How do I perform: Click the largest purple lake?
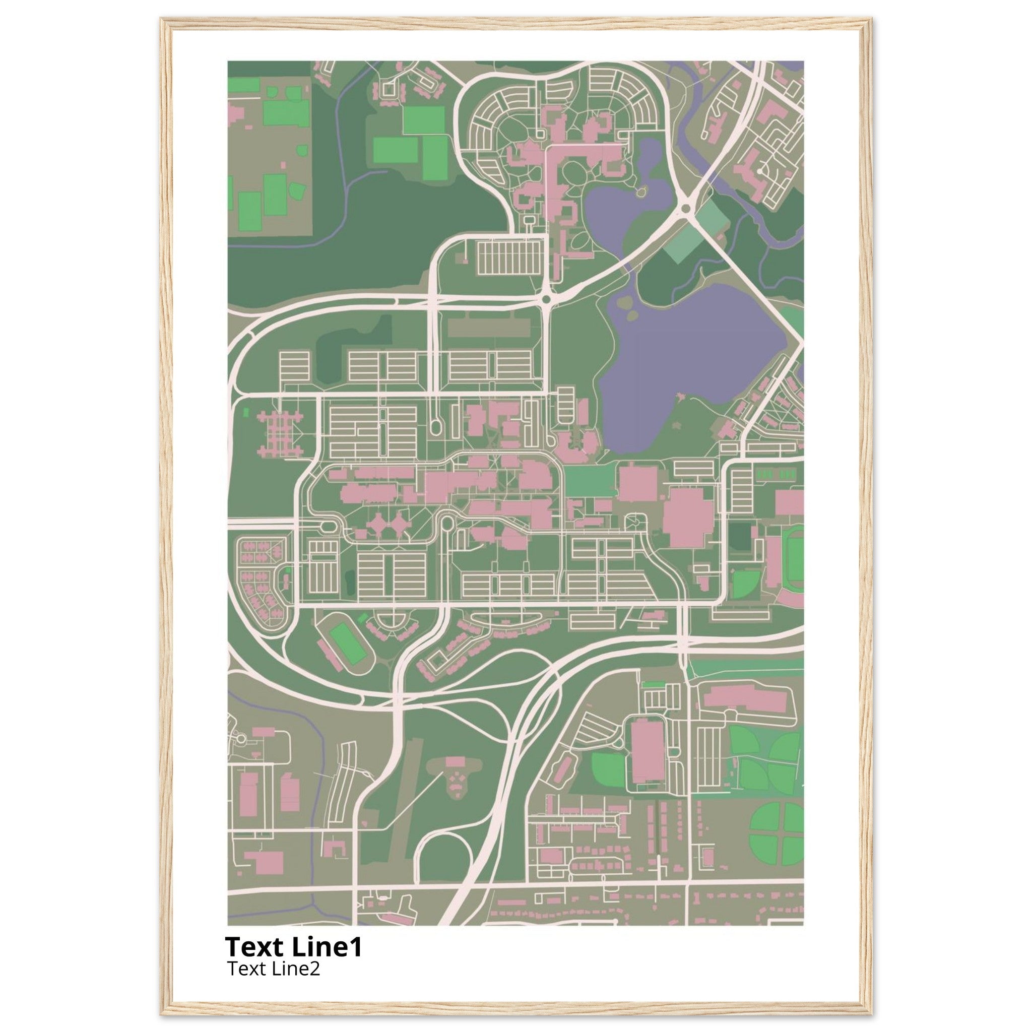tap(694, 353)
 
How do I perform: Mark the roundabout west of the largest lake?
tap(546, 301)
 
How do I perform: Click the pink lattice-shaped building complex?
tap(279, 433)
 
